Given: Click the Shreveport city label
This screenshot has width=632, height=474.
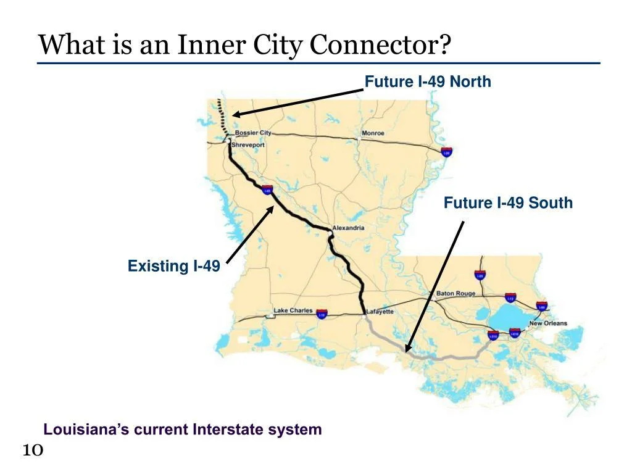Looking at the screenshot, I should tap(248, 145).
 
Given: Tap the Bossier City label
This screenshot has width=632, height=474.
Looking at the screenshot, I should tap(252, 133).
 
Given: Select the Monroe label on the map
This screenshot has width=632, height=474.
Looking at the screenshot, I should tap(373, 133).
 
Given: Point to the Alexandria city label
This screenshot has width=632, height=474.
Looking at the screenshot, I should tap(349, 228).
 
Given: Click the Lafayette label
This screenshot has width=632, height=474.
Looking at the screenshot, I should tap(380, 312).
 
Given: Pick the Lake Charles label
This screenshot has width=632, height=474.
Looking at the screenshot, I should tap(293, 310).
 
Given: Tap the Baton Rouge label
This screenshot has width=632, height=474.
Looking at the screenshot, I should tap(455, 294).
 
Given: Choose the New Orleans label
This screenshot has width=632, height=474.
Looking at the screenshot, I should tap(547, 323).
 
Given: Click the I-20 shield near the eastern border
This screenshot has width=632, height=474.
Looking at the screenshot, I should tap(446, 152).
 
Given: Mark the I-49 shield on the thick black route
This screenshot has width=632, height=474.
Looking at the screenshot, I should tap(267, 189).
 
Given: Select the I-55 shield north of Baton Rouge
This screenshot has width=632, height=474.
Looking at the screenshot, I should tap(479, 275).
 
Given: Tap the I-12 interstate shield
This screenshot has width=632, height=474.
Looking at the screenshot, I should tap(510, 298).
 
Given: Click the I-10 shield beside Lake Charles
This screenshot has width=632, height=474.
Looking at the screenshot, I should tap(322, 314).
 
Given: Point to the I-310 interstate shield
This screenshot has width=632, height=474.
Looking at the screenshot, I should tap(493, 335).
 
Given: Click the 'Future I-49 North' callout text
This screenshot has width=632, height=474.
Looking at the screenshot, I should tap(428, 81).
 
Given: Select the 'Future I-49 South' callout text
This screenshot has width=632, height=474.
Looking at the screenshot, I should tap(508, 202).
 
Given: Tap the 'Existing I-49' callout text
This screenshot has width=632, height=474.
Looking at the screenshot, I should tap(173, 266).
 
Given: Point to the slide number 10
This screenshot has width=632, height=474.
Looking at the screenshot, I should tap(32, 451).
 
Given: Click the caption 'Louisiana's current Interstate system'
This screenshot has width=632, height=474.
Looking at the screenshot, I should tap(183, 430).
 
